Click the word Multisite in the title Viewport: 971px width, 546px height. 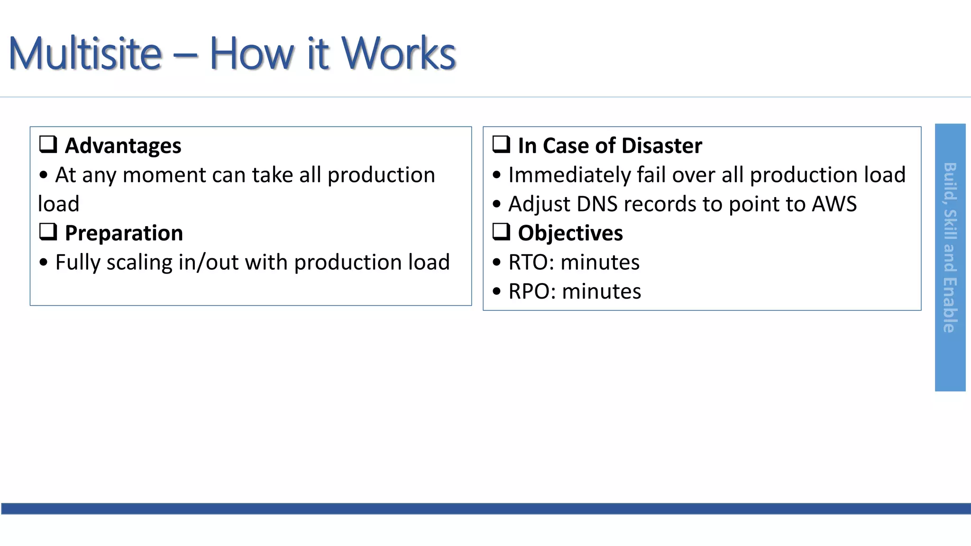click(x=85, y=54)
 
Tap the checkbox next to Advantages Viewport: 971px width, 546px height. click(x=48, y=144)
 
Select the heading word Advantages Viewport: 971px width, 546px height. click(x=123, y=146)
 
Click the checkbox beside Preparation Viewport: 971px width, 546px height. click(x=48, y=232)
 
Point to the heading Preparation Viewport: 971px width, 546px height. click(x=124, y=233)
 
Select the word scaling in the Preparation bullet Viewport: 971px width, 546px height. click(x=139, y=263)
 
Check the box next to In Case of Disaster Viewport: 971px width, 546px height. click(x=501, y=144)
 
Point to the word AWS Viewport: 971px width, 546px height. click(x=834, y=204)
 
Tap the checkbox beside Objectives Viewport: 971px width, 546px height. click(x=501, y=232)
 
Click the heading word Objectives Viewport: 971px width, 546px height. click(x=570, y=233)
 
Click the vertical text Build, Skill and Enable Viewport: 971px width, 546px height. click(x=950, y=247)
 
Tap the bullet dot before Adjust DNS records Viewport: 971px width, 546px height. click(x=496, y=204)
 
